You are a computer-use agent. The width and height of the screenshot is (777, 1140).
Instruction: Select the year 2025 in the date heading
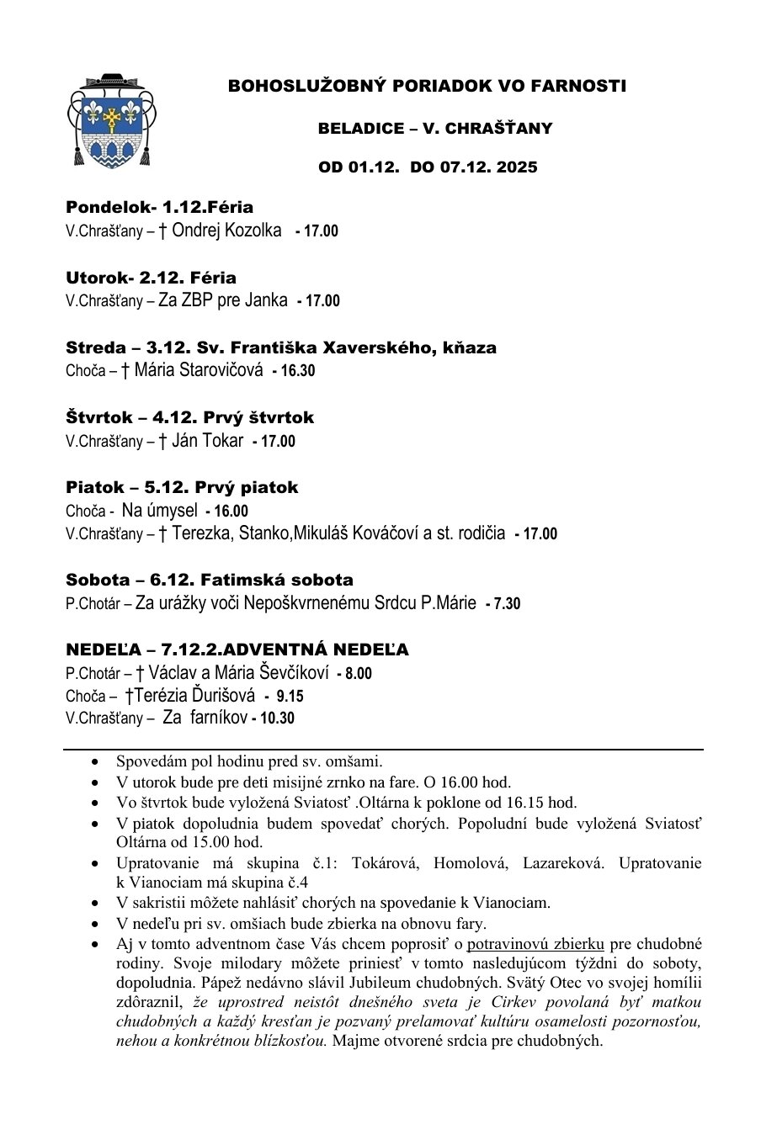point(516,167)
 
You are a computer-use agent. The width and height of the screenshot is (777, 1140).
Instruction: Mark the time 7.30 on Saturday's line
point(507,604)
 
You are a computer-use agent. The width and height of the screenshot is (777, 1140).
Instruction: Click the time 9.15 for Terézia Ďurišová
point(289,697)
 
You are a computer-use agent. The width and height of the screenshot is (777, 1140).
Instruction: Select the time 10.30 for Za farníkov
point(277,718)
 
